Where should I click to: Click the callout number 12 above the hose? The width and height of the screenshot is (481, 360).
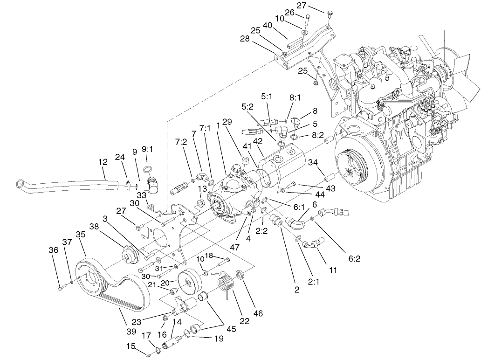pyautogui.click(x=103, y=162)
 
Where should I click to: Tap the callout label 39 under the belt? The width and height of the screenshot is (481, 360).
pyautogui.click(x=131, y=332)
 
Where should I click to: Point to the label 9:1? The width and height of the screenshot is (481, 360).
pyautogui.click(x=148, y=150)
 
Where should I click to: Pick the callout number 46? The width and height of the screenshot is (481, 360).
pyautogui.click(x=258, y=314)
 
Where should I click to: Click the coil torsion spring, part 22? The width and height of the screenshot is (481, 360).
pyautogui.click(x=226, y=283)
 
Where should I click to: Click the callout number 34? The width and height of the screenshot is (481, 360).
pyautogui.click(x=313, y=162)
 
